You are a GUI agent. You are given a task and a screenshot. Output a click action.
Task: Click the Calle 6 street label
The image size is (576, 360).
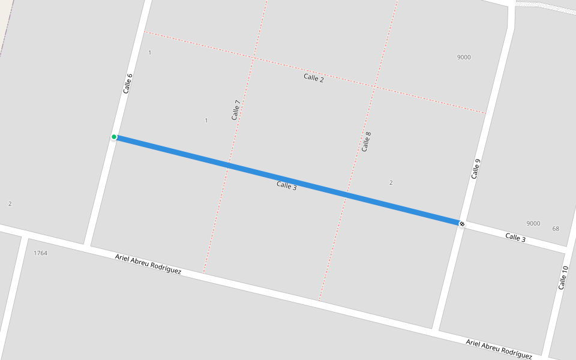[x=128, y=83]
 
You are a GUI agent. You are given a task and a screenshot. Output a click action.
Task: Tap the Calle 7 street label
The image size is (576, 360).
[x=236, y=110]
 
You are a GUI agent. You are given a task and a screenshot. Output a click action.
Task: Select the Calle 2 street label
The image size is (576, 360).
[x=314, y=77]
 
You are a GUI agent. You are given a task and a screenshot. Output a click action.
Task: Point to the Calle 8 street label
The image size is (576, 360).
[x=367, y=142]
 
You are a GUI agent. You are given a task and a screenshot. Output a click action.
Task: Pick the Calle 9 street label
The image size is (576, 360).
[x=476, y=169]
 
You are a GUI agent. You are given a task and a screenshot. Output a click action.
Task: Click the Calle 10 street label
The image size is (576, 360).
[x=563, y=278]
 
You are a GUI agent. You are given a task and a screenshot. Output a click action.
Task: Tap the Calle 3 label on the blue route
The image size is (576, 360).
[x=287, y=185]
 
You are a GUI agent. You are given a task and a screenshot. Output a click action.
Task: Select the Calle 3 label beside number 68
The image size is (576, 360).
[x=515, y=238]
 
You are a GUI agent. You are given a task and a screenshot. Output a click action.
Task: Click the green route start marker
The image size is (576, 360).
[x=114, y=137]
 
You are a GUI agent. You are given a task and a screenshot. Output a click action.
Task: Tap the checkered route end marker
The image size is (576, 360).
[x=461, y=224]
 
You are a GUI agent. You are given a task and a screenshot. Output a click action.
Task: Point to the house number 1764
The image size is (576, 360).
[x=40, y=253]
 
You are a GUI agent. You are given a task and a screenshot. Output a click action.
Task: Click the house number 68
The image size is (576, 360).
[x=556, y=229]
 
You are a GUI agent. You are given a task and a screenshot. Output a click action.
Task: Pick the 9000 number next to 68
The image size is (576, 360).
[x=533, y=224]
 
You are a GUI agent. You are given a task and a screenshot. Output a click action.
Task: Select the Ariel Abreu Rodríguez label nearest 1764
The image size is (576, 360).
[x=148, y=264]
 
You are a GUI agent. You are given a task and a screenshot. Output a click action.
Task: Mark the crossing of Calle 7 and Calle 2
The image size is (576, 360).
[x=253, y=58]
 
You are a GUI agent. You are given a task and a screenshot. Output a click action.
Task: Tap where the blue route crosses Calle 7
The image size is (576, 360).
[x=229, y=165]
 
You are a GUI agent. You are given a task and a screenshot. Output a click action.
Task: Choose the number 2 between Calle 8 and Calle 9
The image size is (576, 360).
[x=391, y=182]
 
